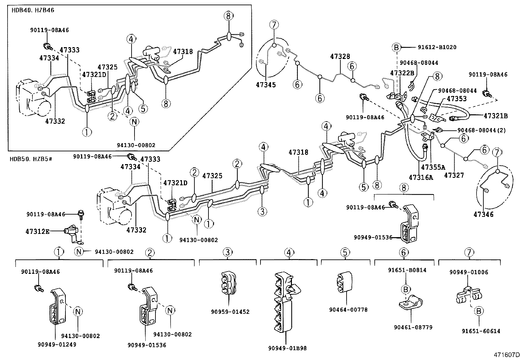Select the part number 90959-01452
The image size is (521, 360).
(230, 312)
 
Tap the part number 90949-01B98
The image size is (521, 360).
(287, 348)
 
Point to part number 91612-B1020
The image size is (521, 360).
(437, 47)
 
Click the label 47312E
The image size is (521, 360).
(38, 232)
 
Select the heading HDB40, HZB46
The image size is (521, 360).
(33, 10)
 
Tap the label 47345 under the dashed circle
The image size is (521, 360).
(266, 85)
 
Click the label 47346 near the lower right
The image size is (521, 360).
(483, 215)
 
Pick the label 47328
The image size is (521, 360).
(340, 57)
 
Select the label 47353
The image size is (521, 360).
(457, 99)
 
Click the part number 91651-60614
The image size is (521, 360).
(481, 331)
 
